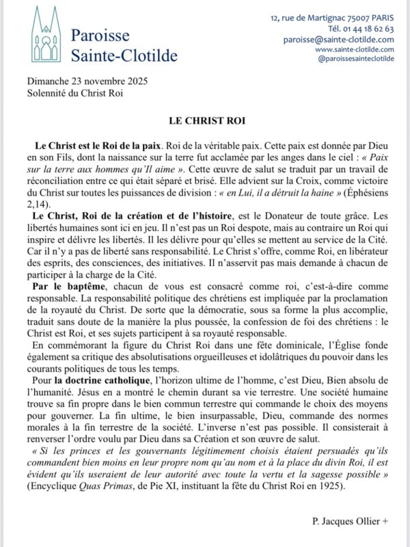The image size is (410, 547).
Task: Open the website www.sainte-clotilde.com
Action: pos(354,49)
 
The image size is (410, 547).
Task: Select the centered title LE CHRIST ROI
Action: pos(205,120)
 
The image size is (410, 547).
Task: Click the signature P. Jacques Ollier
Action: pos(349,522)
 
